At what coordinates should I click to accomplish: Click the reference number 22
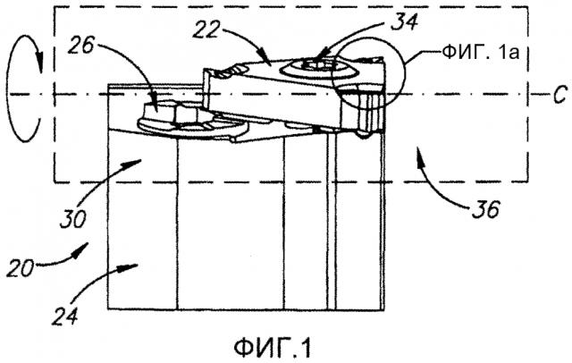206,30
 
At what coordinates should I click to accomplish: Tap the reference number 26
80,46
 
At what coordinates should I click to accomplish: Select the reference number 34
404,21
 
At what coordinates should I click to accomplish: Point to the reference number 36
485,209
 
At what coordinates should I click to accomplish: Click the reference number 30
73,219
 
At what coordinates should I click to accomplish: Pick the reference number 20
20,268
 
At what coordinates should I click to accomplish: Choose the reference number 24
64,316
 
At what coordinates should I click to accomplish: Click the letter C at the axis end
559,94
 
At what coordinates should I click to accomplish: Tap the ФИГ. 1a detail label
481,53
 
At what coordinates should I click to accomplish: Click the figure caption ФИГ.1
273,348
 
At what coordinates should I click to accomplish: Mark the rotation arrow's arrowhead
39,63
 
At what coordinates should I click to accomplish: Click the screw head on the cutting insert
318,68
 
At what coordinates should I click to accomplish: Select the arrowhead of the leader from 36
420,161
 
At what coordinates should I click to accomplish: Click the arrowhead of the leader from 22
265,56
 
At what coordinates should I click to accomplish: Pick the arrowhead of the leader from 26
155,104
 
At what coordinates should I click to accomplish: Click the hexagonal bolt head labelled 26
172,112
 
